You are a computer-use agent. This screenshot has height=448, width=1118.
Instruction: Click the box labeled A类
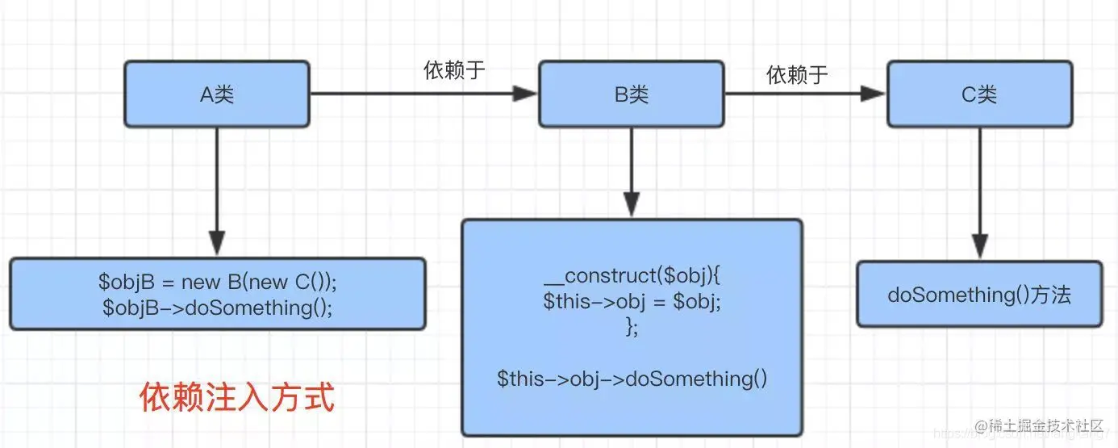[x=217, y=94]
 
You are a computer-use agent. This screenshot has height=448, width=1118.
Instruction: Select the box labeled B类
[x=632, y=94]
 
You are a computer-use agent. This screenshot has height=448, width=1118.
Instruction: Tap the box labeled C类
[x=979, y=94]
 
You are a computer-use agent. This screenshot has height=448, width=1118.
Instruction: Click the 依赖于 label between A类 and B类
[x=455, y=70]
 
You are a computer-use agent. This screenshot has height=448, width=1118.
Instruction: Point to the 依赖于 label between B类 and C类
[x=798, y=75]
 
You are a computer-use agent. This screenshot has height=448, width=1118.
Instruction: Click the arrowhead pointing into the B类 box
[x=526, y=94]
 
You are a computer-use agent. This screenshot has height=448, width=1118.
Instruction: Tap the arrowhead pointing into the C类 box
[x=874, y=94]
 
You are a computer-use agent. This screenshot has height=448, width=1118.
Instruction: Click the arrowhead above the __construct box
[x=632, y=203]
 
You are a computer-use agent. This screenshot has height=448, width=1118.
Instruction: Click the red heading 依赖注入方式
[x=237, y=397]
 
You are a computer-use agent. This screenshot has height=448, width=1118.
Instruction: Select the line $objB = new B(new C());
[x=217, y=282]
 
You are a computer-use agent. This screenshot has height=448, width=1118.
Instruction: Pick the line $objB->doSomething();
[x=217, y=308]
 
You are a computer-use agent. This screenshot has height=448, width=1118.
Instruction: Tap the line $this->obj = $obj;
[x=632, y=302]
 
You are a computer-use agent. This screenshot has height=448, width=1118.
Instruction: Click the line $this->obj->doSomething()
[x=632, y=378]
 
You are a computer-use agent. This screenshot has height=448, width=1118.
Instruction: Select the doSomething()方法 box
[x=979, y=295]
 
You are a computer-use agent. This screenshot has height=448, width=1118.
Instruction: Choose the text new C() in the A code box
[x=299, y=282]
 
